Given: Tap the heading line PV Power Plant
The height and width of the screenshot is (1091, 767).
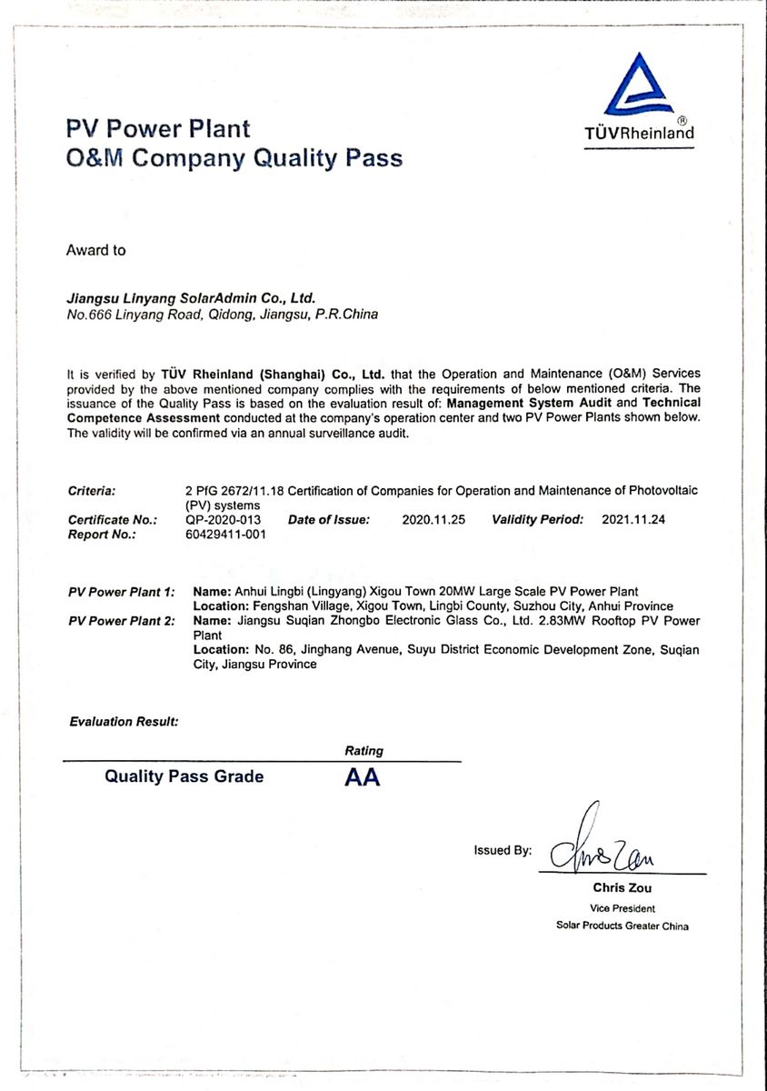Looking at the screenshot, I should [x=158, y=128].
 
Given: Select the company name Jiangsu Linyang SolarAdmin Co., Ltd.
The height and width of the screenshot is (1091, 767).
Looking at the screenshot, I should [x=190, y=297].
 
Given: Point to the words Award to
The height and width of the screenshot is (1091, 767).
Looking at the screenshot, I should [x=95, y=250].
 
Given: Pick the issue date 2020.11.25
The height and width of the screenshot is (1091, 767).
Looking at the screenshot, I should [x=433, y=521].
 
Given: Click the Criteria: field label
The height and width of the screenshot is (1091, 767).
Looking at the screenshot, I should [x=91, y=492].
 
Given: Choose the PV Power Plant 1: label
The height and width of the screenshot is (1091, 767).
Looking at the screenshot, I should [x=121, y=593].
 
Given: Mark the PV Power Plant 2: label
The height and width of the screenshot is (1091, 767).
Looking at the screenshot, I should [x=121, y=622].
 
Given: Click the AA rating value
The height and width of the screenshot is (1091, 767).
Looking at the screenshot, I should [x=362, y=778].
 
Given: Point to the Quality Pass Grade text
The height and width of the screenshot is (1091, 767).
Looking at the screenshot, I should [x=184, y=776].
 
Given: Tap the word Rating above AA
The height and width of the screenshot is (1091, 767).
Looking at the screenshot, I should [x=364, y=751].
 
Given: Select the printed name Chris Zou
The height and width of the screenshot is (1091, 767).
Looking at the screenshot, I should [x=622, y=888].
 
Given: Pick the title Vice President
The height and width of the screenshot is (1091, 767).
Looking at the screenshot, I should [x=622, y=908].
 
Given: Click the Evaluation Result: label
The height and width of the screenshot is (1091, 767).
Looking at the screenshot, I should [x=124, y=722].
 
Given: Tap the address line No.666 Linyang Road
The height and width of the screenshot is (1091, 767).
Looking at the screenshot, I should [x=222, y=315].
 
